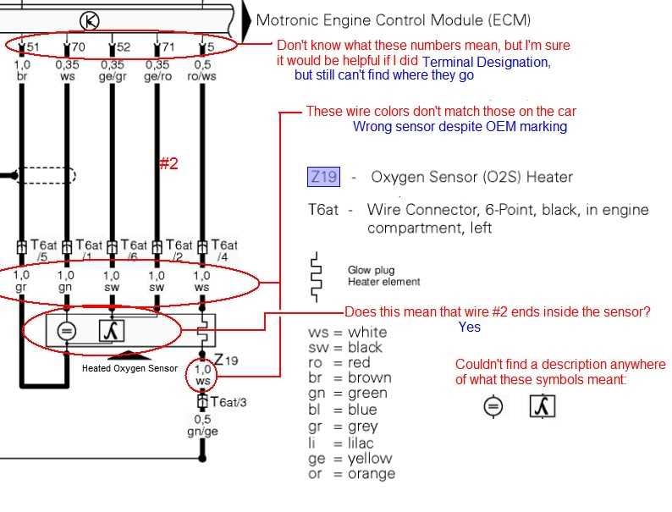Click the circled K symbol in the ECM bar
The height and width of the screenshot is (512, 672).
tap(90, 19)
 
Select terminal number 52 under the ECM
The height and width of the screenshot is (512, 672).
tap(122, 47)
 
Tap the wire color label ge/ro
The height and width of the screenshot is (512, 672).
tap(157, 75)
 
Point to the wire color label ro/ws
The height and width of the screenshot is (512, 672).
tap(201, 75)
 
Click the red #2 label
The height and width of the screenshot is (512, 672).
tap(168, 163)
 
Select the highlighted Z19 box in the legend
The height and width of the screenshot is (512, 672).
tap(322, 177)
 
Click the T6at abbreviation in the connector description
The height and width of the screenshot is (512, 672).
tap(324, 210)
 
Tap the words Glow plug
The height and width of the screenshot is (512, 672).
tap(371, 270)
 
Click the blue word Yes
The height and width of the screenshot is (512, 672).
tap(470, 327)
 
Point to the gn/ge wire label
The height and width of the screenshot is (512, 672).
tap(201, 431)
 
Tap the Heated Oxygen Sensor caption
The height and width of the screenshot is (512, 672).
tap(129, 368)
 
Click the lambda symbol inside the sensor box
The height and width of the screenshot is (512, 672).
tap(112, 331)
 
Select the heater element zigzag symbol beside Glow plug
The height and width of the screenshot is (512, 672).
tap(316, 277)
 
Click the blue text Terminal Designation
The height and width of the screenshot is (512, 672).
tap(486, 62)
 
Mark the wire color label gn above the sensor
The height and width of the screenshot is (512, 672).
tap(65, 287)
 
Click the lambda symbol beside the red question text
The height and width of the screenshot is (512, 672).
tap(542, 407)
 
